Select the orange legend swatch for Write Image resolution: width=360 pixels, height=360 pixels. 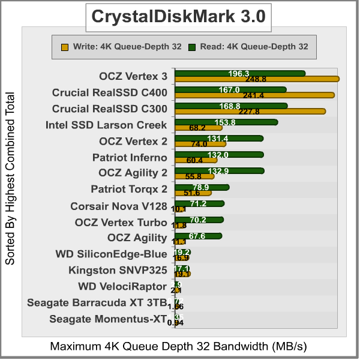point(64,46)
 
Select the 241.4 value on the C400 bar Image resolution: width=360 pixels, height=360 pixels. point(254,95)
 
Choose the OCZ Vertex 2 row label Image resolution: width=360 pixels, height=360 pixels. point(133,142)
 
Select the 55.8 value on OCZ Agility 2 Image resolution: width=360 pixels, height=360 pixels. point(193,176)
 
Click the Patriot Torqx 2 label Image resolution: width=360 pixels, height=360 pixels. point(128,190)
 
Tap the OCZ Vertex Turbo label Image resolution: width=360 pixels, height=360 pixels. point(121,223)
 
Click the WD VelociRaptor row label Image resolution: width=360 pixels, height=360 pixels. point(122,286)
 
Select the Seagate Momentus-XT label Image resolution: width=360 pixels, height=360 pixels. point(107,319)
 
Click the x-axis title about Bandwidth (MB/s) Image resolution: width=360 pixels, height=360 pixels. point(179,347)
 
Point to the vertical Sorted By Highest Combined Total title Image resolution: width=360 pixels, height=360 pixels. point(10,179)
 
